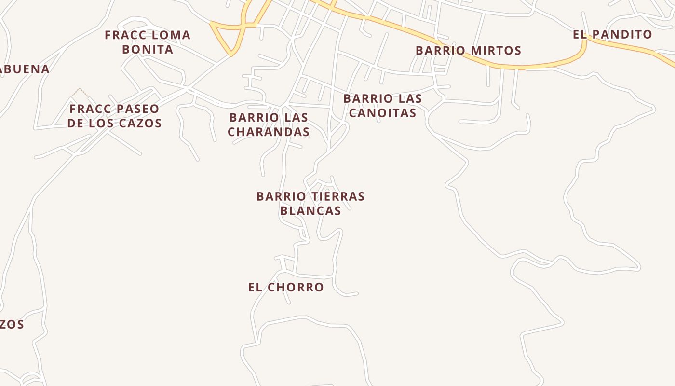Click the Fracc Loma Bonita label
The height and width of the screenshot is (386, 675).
click(148, 42)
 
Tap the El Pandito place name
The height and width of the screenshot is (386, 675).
click(612, 35)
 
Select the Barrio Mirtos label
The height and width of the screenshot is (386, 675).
click(468, 51)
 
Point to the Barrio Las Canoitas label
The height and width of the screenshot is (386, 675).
click(382, 106)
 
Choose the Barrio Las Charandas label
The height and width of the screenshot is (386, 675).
click(269, 124)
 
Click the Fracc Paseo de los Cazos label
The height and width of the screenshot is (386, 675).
click(114, 116)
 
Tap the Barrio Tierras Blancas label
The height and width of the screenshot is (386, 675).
click(310, 204)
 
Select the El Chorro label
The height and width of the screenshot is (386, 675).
click(286, 288)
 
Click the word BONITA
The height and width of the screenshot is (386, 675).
click(148, 50)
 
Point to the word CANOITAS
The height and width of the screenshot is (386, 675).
click(382, 113)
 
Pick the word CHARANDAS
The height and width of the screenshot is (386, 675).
click(269, 132)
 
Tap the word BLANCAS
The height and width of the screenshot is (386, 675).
click(310, 211)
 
